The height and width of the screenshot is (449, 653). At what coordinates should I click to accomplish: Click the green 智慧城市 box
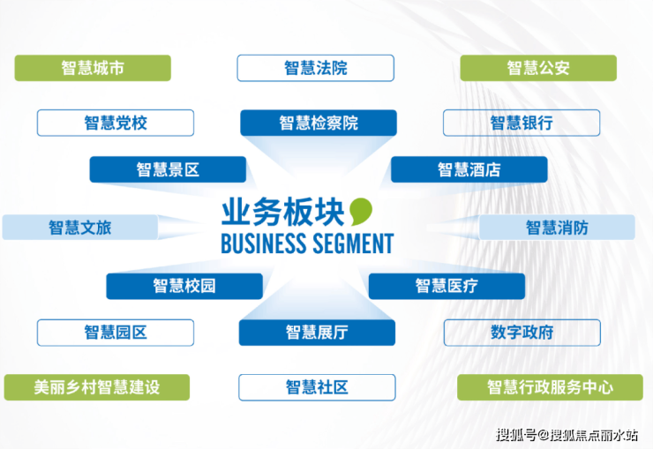coord(93,68)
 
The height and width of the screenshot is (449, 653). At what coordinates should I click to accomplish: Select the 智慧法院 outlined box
coord(316,68)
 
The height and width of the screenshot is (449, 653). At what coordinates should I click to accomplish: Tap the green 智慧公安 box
coord(538,68)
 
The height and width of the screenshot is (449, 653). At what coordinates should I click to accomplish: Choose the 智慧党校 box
coord(116,123)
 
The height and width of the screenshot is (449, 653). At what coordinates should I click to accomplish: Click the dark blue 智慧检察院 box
coord(319,123)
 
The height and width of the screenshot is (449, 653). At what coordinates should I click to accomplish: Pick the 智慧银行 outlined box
coord(522,123)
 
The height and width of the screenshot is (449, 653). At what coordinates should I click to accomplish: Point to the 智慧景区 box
coord(168,169)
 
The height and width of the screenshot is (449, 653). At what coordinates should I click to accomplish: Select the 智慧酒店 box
coord(469,169)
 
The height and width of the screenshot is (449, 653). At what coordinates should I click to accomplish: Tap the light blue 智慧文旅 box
coord(80,228)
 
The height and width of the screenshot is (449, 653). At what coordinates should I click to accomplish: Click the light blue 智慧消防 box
coord(557,228)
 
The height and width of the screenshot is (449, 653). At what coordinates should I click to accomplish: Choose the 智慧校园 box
coord(184,287)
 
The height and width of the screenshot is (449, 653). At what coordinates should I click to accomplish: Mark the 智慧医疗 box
coord(447,287)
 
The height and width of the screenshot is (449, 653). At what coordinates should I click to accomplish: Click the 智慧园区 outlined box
coord(116,333)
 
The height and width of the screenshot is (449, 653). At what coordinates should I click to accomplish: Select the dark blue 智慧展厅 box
coord(317,333)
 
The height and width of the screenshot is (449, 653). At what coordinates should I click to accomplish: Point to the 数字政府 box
coord(522,333)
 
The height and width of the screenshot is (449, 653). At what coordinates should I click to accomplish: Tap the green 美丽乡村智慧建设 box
coord(97,387)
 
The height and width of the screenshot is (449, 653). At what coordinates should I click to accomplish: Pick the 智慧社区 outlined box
coord(317,387)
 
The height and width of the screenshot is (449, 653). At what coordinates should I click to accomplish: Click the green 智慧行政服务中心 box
coord(550,387)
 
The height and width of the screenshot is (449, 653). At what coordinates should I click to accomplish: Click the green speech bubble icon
coord(360,212)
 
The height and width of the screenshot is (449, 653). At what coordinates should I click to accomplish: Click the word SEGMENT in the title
coord(353,243)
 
